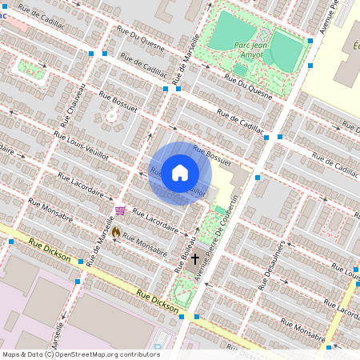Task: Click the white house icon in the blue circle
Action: (x=180, y=172)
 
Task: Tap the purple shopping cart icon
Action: (x=120, y=210)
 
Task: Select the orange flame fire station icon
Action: (x=116, y=231)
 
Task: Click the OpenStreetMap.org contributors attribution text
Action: (x=106, y=354)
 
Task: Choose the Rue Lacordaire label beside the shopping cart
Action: (x=155, y=221)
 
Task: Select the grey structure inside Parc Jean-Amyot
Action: (x=265, y=35)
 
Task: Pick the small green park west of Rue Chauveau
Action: (x=32, y=68)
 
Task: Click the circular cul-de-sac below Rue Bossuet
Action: (x=111, y=117)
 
